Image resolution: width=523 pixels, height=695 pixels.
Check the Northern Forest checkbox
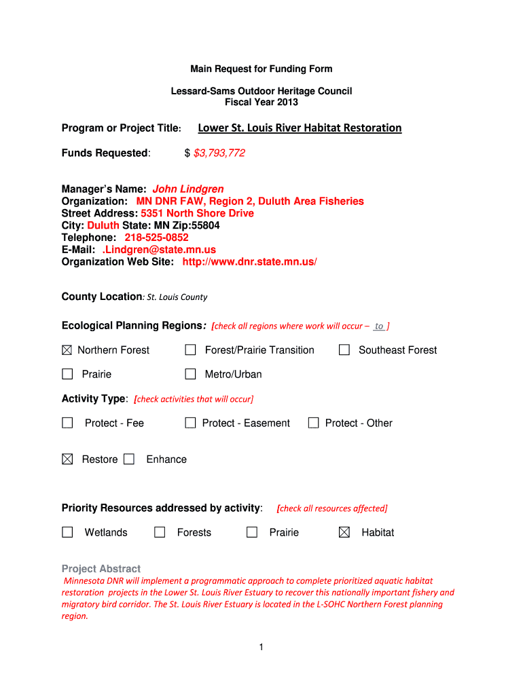(67, 350)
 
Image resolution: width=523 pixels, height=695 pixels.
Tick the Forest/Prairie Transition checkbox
(191, 350)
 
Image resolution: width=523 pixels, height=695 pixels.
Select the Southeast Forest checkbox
(344, 350)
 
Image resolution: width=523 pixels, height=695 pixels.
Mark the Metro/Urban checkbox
(191, 374)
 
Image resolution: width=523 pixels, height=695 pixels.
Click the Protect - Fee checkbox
(67, 423)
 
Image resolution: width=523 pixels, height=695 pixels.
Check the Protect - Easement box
(191, 423)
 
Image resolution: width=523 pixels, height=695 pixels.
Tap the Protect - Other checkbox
(313, 423)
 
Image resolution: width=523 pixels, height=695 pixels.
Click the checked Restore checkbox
(67, 459)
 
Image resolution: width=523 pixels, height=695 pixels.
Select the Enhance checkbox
(129, 459)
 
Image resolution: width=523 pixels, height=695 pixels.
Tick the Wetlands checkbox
(67, 533)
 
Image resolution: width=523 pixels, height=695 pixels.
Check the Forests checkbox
(160, 533)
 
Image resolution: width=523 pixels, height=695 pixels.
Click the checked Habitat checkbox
(344, 533)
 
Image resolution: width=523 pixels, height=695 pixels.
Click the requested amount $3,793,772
(219, 153)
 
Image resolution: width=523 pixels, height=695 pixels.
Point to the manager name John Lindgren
(188, 189)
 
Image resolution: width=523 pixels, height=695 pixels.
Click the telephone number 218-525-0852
(156, 238)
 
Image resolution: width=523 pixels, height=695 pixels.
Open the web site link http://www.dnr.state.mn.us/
(249, 262)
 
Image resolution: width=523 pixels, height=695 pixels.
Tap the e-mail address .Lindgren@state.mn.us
(159, 250)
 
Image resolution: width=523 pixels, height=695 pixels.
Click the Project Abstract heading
(101, 569)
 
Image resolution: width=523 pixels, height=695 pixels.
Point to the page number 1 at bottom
(261, 647)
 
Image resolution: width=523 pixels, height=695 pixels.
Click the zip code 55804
(206, 225)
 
